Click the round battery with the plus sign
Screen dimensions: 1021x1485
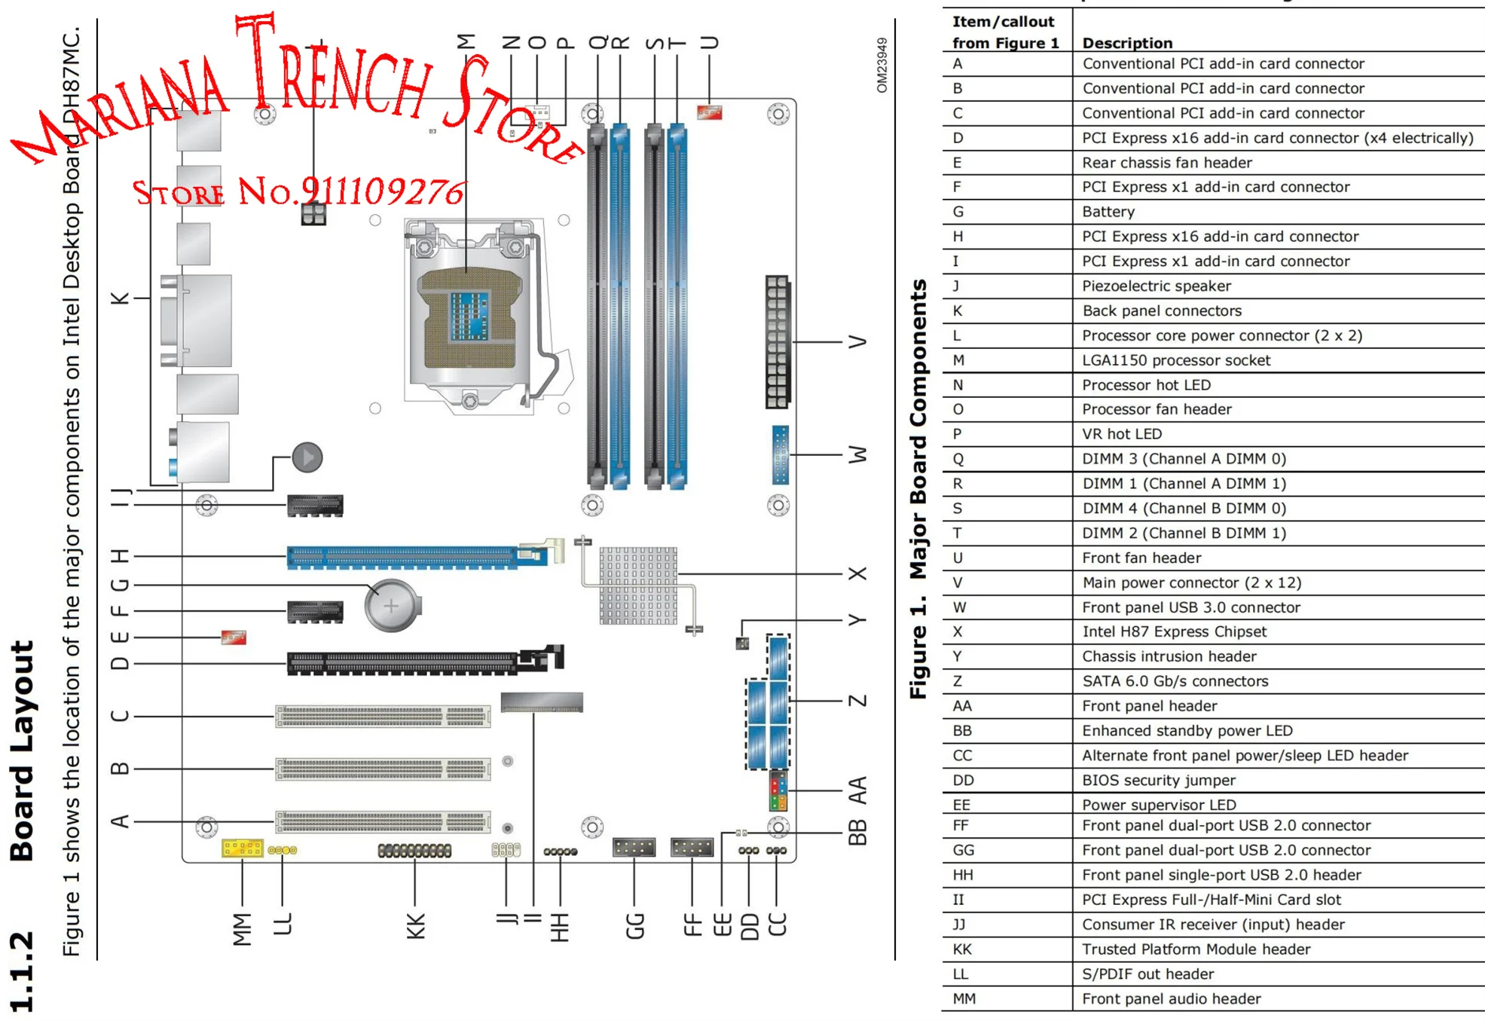click(391, 605)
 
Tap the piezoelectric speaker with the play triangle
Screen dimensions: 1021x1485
click(307, 457)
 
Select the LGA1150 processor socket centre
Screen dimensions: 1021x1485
click(469, 316)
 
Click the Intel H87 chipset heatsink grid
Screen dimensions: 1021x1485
click(638, 585)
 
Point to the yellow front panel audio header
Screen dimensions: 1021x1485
click(242, 848)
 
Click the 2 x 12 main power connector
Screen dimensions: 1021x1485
click(777, 341)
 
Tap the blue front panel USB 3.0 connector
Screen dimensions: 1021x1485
click(780, 454)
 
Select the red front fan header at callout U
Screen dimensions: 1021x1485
click(709, 113)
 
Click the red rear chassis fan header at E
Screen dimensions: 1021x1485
click(234, 637)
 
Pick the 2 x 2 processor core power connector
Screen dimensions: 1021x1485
click(313, 214)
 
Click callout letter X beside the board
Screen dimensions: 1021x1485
click(857, 573)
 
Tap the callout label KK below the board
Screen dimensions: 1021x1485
click(416, 926)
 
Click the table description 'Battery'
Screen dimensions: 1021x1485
click(1108, 212)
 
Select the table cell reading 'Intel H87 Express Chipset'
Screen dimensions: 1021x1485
click(1174, 631)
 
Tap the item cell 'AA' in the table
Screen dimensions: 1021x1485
click(962, 705)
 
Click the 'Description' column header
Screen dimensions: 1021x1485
click(1127, 43)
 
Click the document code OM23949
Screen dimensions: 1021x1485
click(882, 66)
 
